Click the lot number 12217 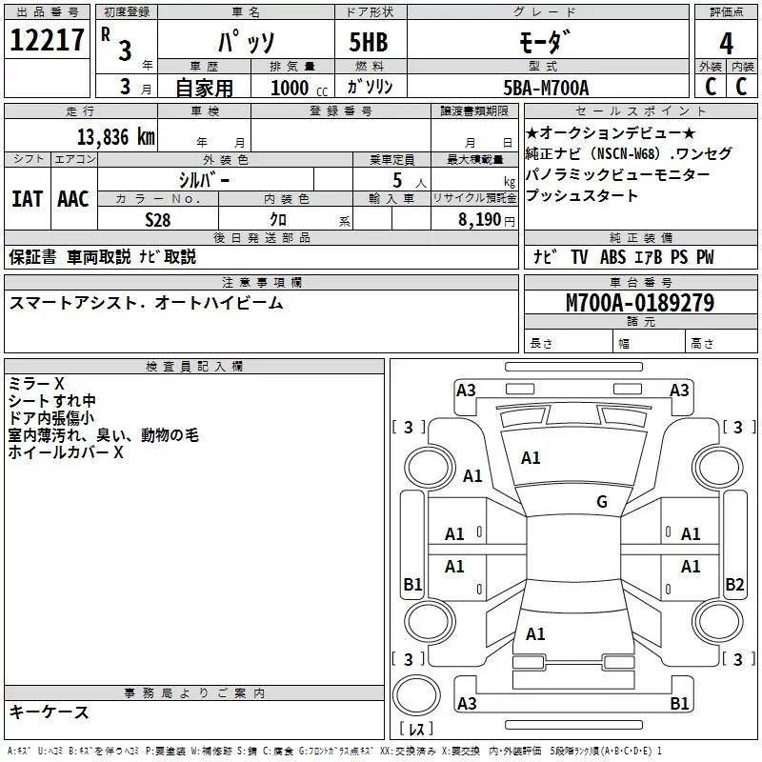[47, 41]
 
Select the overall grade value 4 [726, 43]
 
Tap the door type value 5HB [369, 42]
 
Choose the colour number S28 [157, 219]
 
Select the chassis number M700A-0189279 [639, 304]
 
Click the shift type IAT [27, 199]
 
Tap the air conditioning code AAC [72, 199]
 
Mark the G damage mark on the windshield [602, 502]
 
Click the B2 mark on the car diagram [734, 585]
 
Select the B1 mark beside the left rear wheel [412, 585]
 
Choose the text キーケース [50, 712]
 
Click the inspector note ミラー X [36, 383]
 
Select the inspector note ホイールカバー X [66, 452]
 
